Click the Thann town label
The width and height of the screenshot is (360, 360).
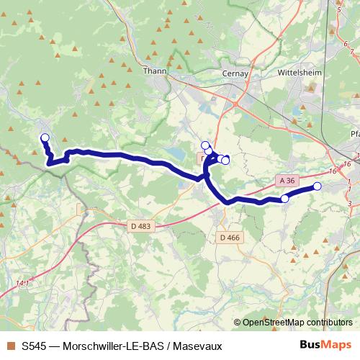155,71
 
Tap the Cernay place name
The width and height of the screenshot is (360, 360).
235,73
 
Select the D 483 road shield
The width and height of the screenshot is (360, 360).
142,227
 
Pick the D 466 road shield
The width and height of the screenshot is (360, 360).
230,237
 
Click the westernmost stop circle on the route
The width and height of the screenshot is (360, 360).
45,138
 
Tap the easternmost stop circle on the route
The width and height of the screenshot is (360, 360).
317,186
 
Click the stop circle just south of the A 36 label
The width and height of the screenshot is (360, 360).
284,198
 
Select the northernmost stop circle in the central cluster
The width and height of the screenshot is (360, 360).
205,145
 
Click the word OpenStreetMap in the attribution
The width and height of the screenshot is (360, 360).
272,323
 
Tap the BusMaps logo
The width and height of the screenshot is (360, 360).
325,345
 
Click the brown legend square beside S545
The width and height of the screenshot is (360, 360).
10,346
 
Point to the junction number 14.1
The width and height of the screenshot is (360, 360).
22,284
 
